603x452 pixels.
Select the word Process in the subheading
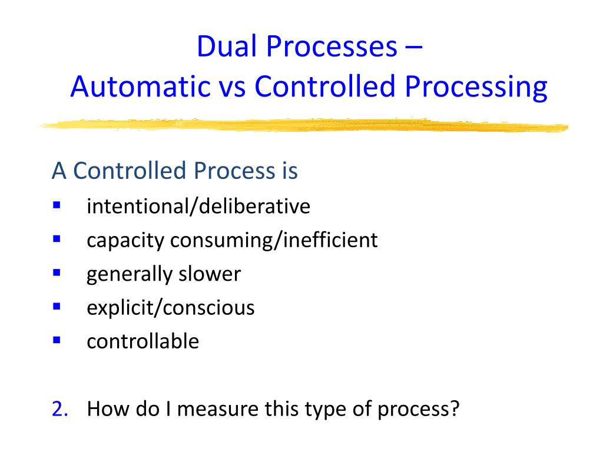tap(231, 171)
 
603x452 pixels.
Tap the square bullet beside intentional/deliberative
tap(57, 205)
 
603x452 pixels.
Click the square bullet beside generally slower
tap(57, 273)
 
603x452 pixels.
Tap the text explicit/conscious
tap(170, 308)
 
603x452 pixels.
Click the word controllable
tap(143, 341)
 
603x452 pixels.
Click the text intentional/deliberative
tap(198, 207)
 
